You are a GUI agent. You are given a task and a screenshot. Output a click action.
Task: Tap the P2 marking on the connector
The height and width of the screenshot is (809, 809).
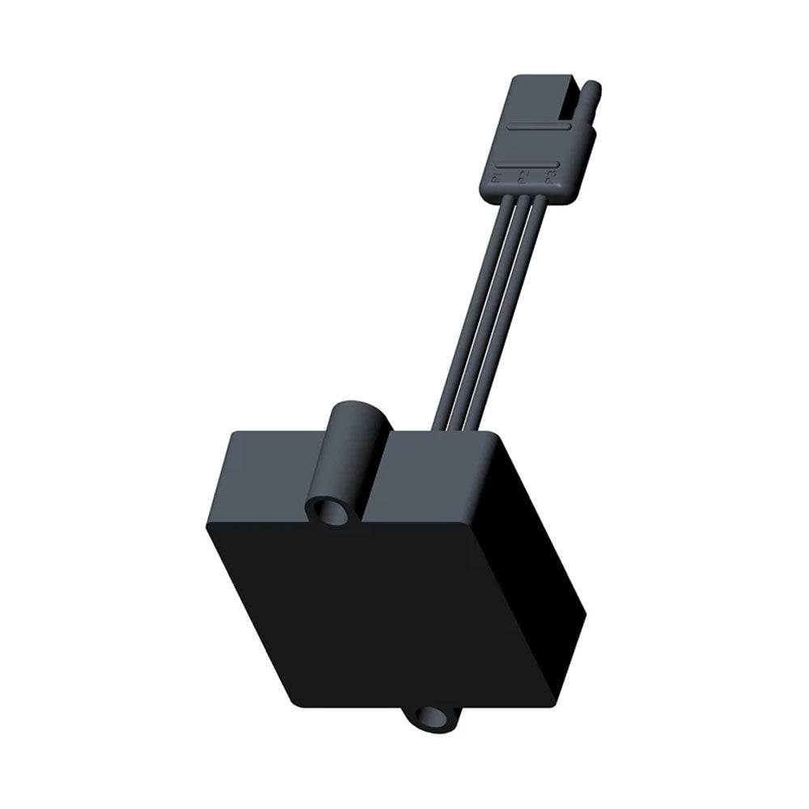pyautogui.click(x=523, y=177)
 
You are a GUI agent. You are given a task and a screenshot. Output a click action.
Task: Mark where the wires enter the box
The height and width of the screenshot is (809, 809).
pyautogui.click(x=461, y=427)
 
